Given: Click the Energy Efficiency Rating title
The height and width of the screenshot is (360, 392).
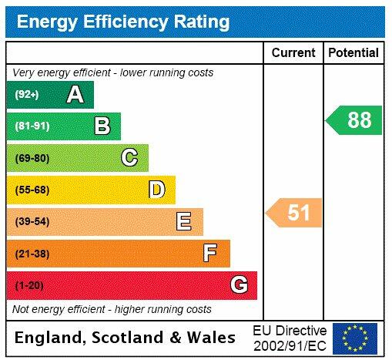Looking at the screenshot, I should [x=122, y=22].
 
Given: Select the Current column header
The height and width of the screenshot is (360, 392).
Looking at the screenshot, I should [x=293, y=53].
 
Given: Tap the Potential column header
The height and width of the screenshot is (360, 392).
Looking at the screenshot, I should [x=353, y=53].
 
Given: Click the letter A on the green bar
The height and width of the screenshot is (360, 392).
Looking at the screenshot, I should [x=75, y=95].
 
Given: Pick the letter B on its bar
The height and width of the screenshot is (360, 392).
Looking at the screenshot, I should [x=102, y=126].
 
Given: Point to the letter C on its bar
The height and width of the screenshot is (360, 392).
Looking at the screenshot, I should [x=129, y=158].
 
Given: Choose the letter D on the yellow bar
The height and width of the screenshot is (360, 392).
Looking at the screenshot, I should [x=156, y=190].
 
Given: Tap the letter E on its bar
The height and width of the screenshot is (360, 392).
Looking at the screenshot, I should [x=183, y=222].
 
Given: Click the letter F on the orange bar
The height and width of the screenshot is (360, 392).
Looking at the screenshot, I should [x=210, y=253].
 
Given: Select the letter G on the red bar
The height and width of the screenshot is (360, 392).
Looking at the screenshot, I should [x=239, y=285].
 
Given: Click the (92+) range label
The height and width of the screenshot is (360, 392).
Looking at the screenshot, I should [x=27, y=95].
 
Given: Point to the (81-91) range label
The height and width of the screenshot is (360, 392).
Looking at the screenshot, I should [x=32, y=126].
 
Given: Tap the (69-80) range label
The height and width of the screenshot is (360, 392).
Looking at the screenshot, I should [x=32, y=158].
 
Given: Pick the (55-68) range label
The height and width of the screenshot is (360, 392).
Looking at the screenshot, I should [x=32, y=190].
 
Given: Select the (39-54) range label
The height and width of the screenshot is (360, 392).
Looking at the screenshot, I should [x=32, y=222].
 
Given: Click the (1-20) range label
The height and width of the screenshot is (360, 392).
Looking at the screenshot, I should [x=29, y=285].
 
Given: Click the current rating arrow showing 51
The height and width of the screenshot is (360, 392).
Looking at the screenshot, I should [x=294, y=213].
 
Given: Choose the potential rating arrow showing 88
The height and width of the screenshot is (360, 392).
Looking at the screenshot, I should [x=354, y=120].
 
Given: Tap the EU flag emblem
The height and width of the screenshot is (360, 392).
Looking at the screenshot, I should [x=355, y=338].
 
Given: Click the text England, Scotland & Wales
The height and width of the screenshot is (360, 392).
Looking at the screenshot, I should [x=126, y=338].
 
